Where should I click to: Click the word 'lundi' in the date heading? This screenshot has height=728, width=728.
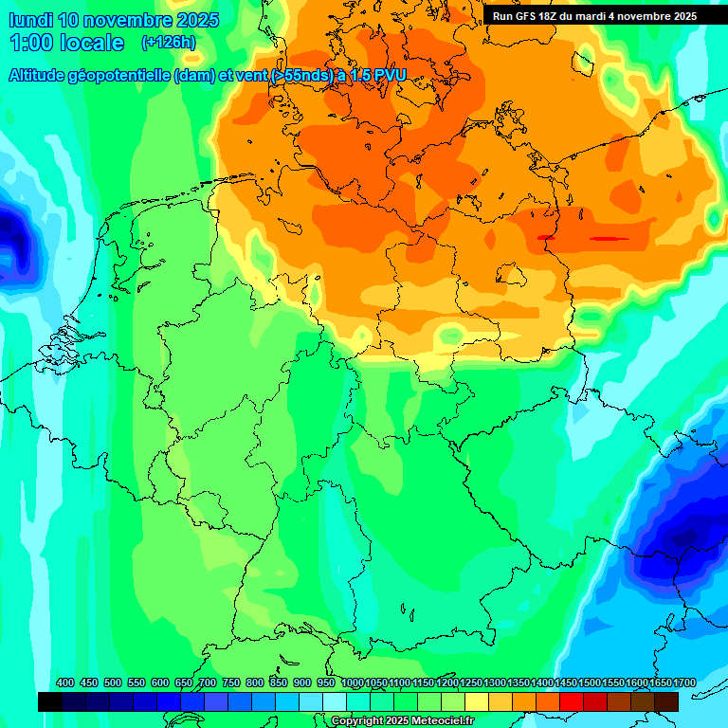[29, 20]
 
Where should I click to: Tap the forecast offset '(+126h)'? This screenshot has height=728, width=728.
[168, 42]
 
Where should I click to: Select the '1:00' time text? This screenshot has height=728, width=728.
[29, 43]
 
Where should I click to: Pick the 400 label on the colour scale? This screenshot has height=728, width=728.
[65, 682]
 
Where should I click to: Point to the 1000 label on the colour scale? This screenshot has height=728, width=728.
[352, 682]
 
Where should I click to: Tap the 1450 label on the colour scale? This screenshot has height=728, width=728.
[566, 682]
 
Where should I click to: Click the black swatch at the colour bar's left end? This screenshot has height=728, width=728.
[50, 701]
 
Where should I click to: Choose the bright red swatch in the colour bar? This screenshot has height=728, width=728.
[572, 701]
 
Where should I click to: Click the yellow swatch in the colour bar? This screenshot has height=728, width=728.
[477, 701]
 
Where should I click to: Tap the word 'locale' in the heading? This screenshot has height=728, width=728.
[92, 43]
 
